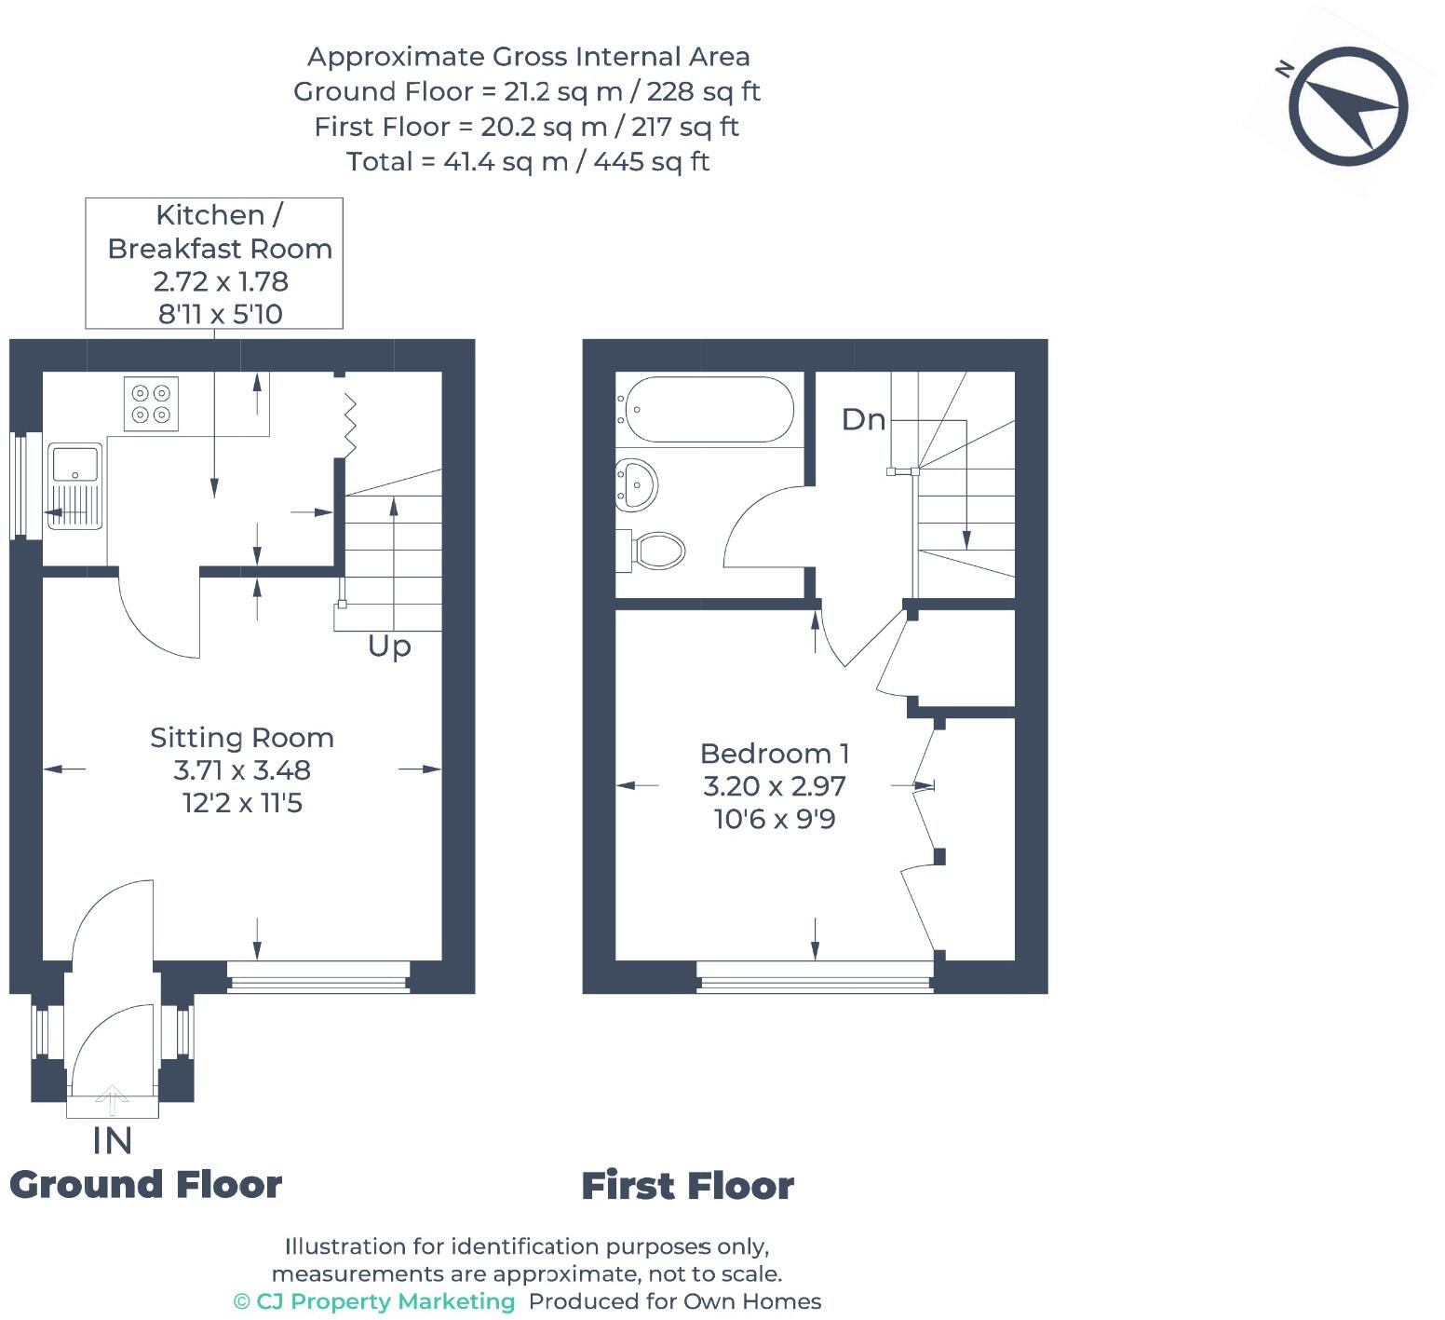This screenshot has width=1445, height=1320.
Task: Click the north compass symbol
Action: point(1348,106)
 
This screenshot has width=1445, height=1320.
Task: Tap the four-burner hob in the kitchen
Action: point(151,403)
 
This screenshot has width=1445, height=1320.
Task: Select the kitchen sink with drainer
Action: point(74,486)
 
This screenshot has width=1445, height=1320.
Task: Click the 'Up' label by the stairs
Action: point(389,646)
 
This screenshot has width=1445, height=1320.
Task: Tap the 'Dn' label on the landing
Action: point(863,420)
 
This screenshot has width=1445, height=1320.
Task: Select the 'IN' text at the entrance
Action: point(112,1140)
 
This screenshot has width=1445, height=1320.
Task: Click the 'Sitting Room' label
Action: point(242,738)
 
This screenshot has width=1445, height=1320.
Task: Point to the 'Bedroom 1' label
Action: point(774,754)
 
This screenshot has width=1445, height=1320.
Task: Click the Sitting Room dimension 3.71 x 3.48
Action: point(242,770)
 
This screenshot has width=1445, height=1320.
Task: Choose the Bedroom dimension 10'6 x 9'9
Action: point(774,820)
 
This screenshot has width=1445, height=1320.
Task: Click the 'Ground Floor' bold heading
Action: point(145,1185)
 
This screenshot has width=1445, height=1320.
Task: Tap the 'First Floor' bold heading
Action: point(687,1186)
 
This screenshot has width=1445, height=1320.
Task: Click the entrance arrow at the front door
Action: point(112,1099)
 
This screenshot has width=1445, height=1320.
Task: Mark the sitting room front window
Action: point(318,977)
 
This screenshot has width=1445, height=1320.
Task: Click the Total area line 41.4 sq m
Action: point(528,162)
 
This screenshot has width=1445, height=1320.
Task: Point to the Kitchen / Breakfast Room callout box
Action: point(214,264)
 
